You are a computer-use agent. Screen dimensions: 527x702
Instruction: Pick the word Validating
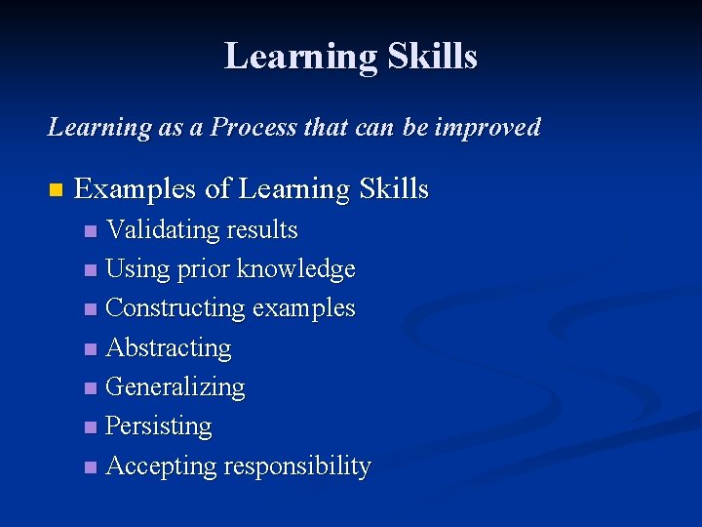pos(163,230)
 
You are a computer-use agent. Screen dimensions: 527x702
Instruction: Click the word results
pos(261,230)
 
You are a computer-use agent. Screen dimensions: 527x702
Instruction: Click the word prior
pos(203,268)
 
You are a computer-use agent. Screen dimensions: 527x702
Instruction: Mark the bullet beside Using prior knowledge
pos(91,270)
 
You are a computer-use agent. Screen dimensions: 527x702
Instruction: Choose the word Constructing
pos(175,308)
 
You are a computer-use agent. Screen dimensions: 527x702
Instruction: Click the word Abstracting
pos(168,347)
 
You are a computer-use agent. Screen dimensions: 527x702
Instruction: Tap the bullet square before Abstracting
pos(91,349)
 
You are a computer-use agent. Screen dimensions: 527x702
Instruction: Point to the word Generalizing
pos(175,387)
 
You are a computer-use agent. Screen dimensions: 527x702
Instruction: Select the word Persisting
pos(158,426)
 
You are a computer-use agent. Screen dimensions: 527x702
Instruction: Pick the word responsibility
pos(296,466)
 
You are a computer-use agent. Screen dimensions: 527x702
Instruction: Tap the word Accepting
pos(161,466)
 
